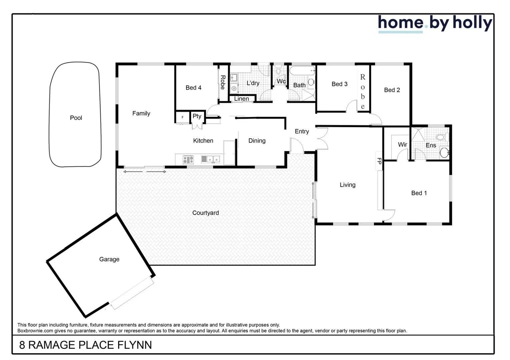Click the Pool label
76,118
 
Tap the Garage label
109,259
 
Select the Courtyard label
205,213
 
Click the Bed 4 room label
193,88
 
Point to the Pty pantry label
197,116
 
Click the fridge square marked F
182,117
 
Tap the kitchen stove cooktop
188,160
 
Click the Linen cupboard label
241,99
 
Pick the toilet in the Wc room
279,71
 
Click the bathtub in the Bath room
302,71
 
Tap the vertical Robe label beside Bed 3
363,92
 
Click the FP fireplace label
379,161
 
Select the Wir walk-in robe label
402,144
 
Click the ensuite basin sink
444,153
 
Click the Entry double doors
322,138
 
